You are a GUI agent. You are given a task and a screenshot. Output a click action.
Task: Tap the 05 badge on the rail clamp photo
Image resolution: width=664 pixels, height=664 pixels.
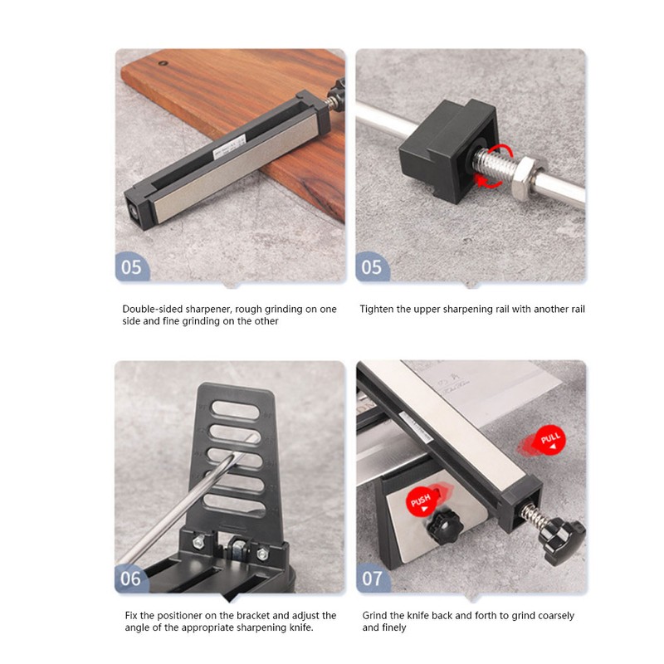coord(372,267)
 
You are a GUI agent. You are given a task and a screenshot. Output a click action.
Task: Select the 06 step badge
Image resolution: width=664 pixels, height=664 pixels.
coord(131,578)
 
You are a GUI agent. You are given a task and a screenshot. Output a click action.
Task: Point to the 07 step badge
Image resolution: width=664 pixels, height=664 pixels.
coord(372,578)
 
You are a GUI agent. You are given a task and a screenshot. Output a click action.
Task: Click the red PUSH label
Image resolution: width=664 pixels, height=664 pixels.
coord(419,500)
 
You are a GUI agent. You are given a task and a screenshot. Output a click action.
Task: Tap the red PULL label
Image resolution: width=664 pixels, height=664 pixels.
coord(550,439)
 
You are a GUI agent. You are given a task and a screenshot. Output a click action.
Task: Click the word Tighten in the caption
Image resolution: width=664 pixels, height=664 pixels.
coord(378,309)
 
